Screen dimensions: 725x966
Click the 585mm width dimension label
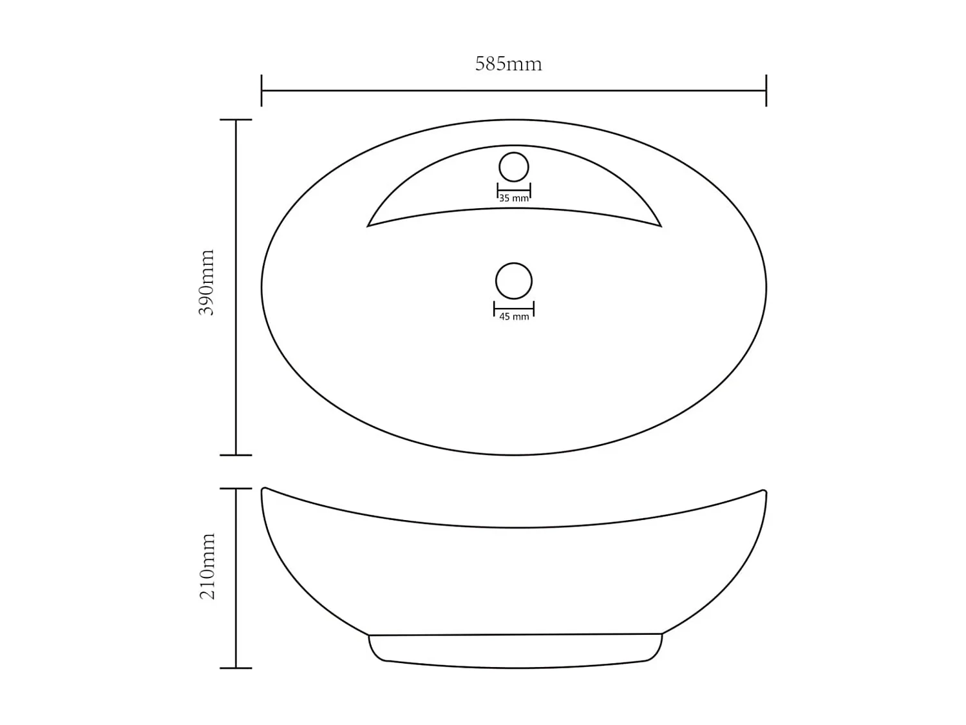tap(508, 64)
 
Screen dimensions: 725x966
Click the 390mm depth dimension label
tap(207, 282)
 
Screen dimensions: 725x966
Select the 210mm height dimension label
tap(207, 566)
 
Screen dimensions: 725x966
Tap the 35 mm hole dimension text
tap(514, 198)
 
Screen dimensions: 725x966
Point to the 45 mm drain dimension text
tap(514, 316)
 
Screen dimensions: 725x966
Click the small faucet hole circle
tap(514, 168)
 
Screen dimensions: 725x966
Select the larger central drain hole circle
tap(514, 281)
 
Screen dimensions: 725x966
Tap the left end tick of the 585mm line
tap(261, 90)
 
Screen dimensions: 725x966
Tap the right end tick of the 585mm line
tap(766, 90)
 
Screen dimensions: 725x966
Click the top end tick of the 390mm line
tap(236, 120)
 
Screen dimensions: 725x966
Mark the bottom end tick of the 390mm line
tap(236, 455)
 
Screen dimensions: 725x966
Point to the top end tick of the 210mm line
tap(236, 488)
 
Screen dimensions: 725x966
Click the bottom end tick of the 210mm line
tap(236, 668)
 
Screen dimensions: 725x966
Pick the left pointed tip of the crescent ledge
tap(368, 226)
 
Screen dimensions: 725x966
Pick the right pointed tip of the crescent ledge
tap(660, 226)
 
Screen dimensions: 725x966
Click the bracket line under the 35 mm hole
tap(514, 189)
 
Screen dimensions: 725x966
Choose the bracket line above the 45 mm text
tap(514, 309)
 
